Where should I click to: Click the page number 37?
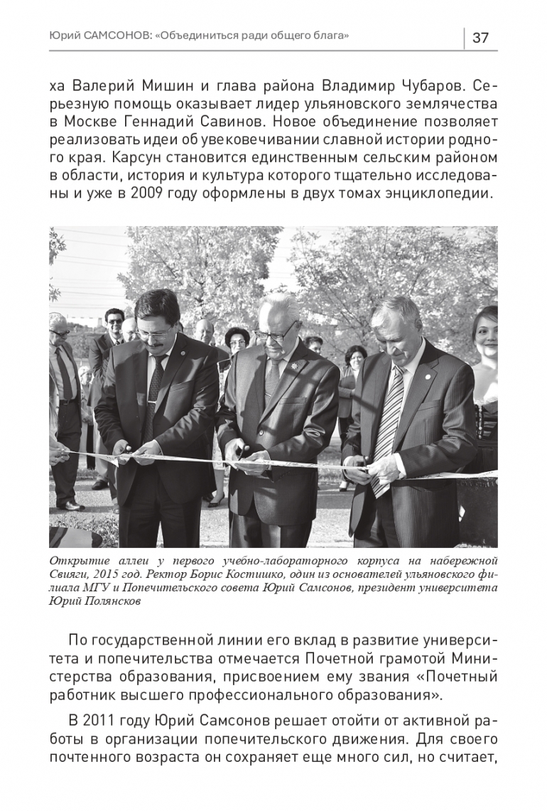pyautogui.click(x=480, y=38)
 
